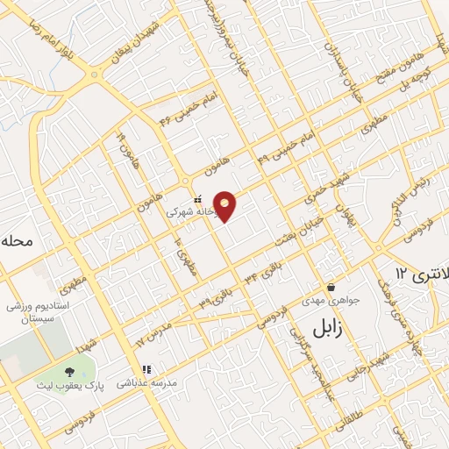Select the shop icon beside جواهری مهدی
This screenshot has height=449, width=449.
331,288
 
